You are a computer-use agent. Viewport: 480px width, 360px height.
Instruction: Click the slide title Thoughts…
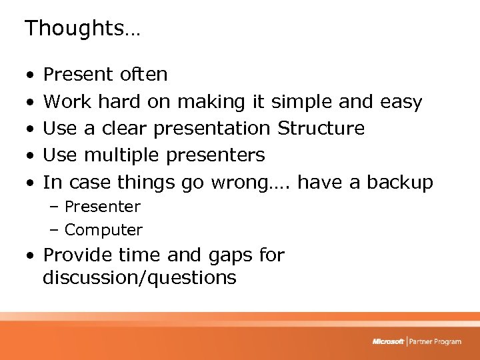pyautogui.click(x=82, y=28)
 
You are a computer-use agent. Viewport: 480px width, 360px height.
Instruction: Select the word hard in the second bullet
pyautogui.click(x=119, y=102)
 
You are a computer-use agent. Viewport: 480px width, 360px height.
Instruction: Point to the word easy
pyautogui.click(x=401, y=102)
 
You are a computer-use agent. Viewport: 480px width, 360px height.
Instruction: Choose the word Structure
pyautogui.click(x=321, y=128)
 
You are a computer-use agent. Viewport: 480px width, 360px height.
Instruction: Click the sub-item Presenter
pyautogui.click(x=102, y=207)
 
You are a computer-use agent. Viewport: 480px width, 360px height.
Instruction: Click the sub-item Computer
pyautogui.click(x=103, y=230)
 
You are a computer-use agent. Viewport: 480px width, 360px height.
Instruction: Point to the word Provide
pyautogui.click(x=75, y=255)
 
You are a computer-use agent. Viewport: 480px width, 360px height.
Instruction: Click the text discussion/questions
pyautogui.click(x=139, y=278)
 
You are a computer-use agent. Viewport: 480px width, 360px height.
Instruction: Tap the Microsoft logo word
pyautogui.click(x=388, y=341)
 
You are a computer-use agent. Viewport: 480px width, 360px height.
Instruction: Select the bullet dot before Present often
pyautogui.click(x=31, y=75)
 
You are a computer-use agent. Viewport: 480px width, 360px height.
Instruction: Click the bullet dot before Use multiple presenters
pyautogui.click(x=31, y=156)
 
